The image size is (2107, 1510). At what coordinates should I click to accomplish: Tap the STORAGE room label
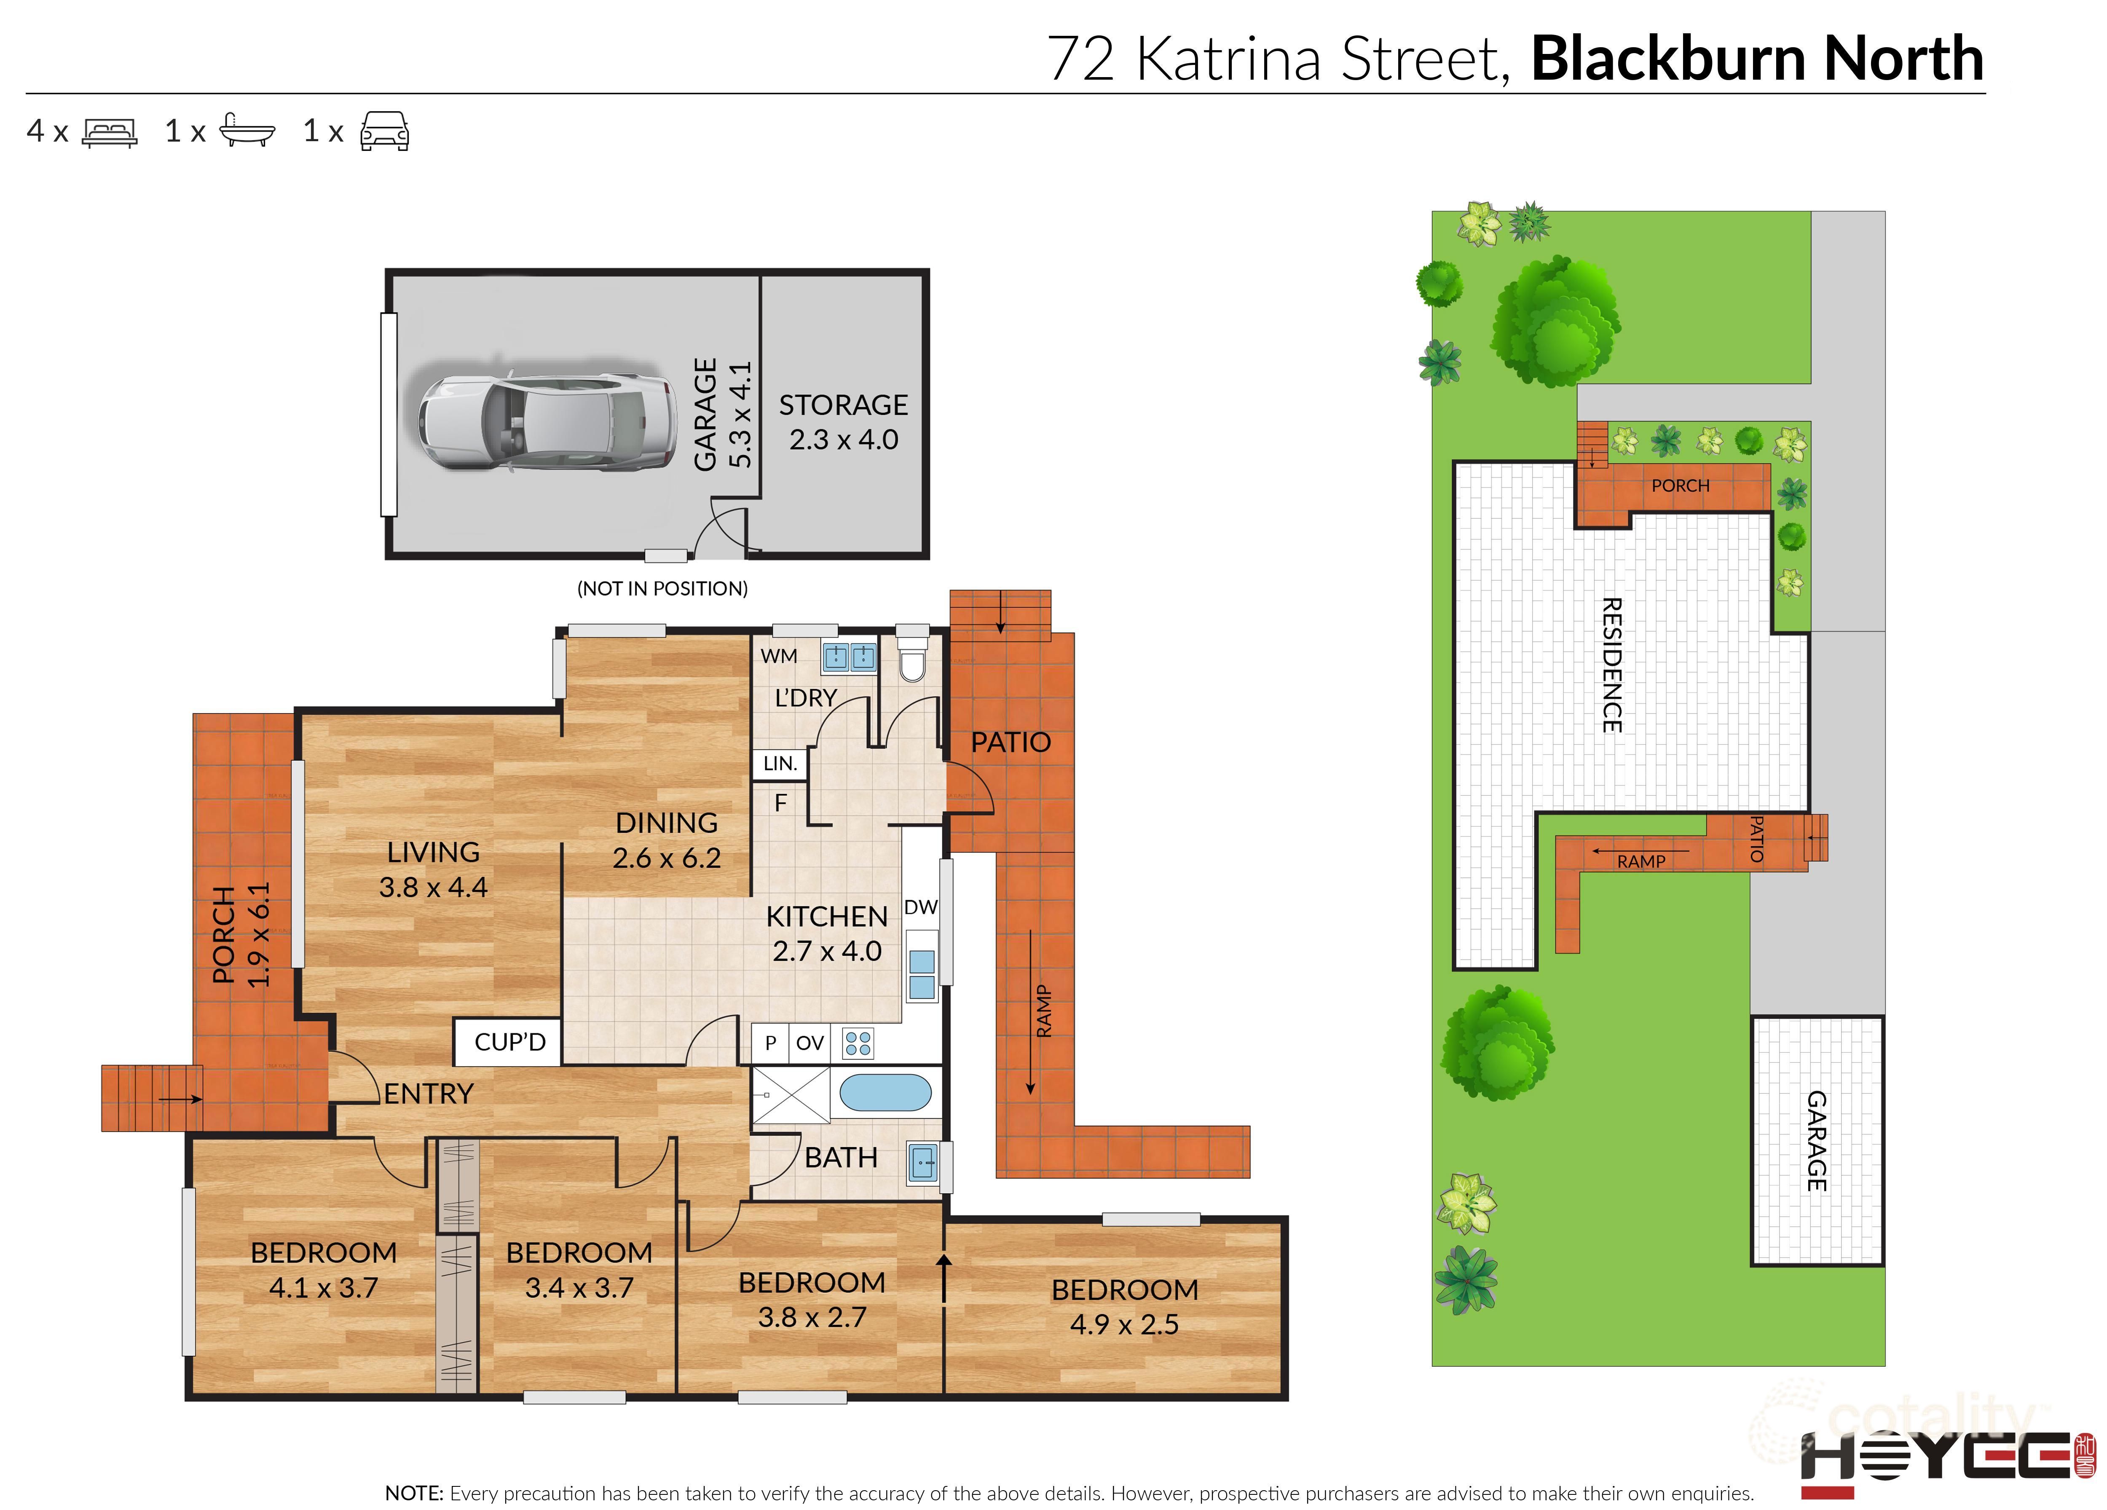pyautogui.click(x=843, y=405)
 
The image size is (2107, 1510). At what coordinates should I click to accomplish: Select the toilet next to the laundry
pyautogui.click(x=912, y=662)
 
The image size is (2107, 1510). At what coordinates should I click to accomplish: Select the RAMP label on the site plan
pyautogui.click(x=1641, y=861)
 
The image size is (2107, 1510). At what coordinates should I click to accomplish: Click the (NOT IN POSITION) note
pyautogui.click(x=662, y=588)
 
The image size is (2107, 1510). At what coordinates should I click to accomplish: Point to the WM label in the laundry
pyautogui.click(x=778, y=656)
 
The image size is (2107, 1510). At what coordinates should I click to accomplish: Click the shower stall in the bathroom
pyautogui.click(x=791, y=1094)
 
